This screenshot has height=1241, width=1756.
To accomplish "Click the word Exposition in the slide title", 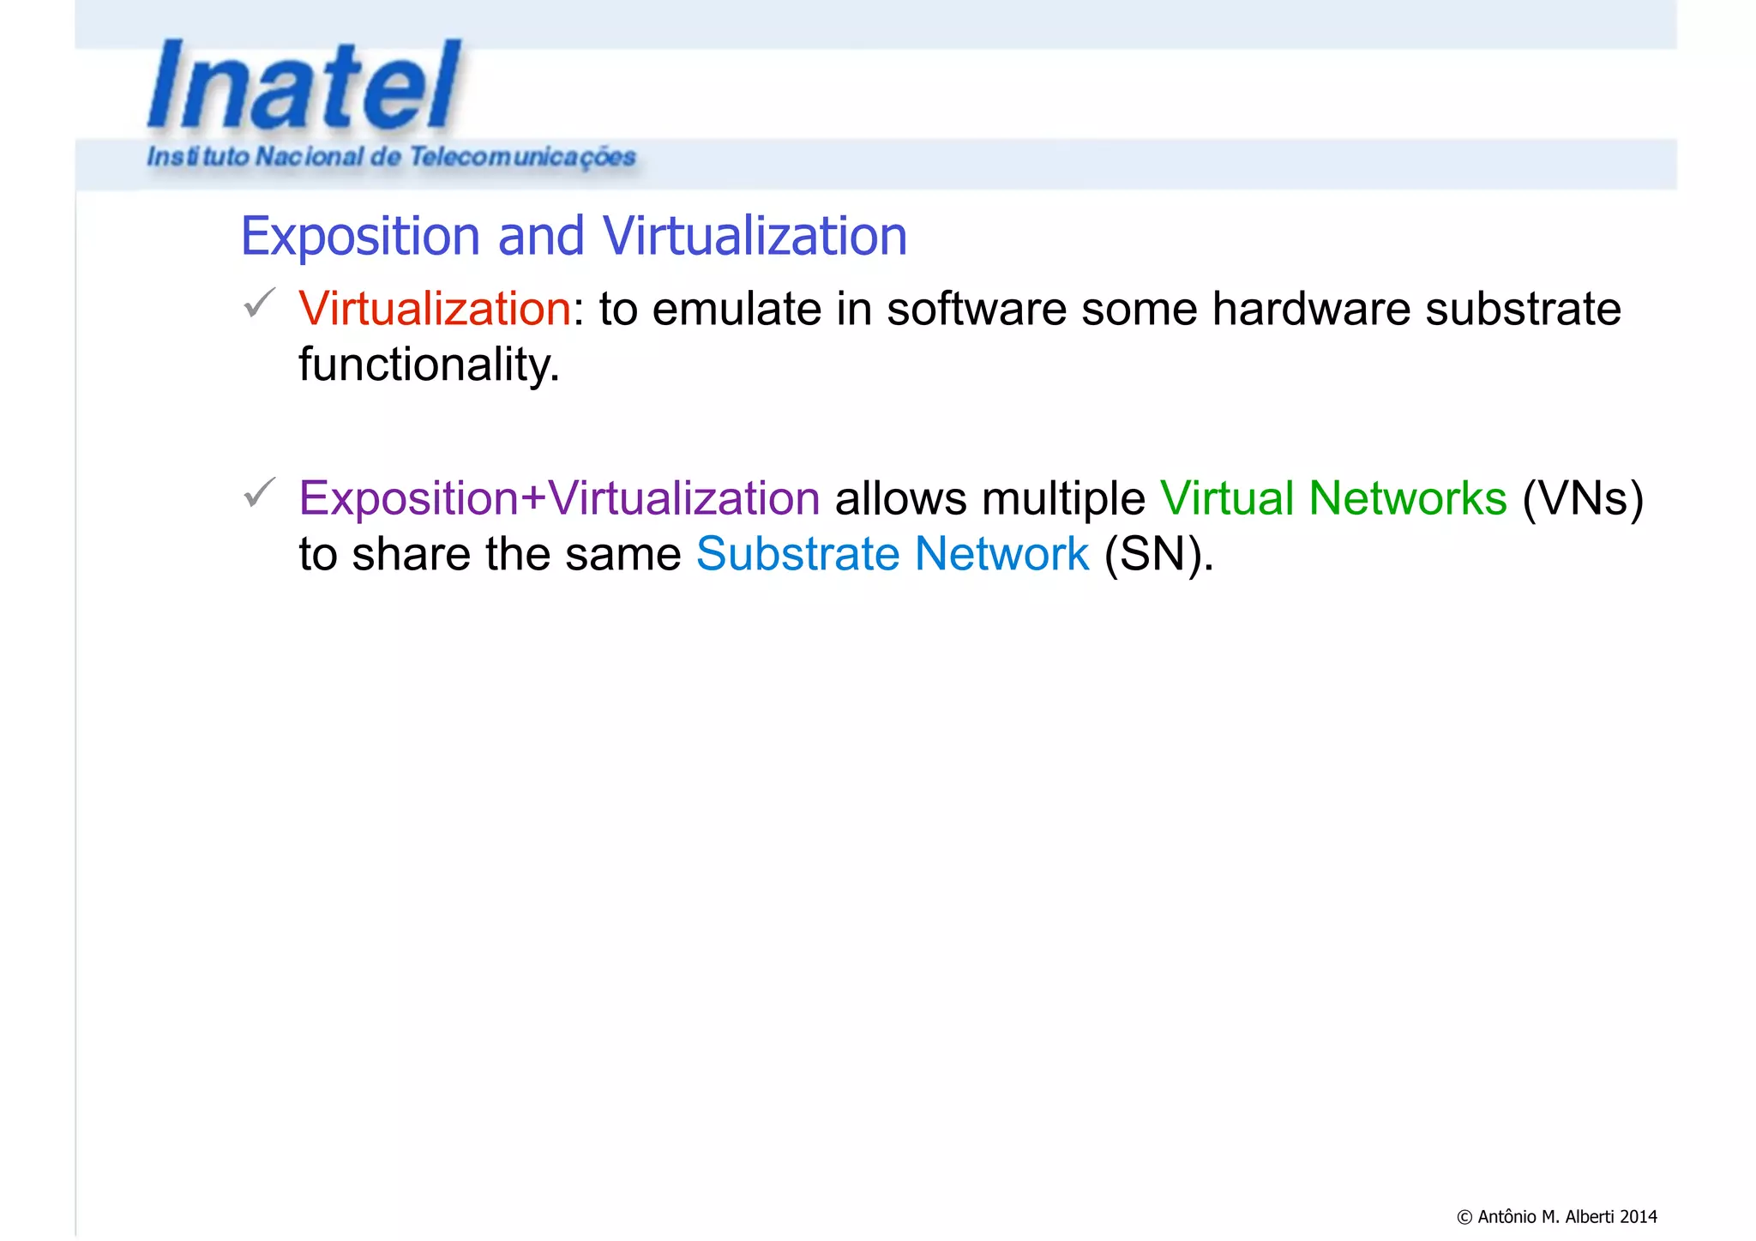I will pyautogui.click(x=360, y=236).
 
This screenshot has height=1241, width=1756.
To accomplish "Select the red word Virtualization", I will pyautogui.click(x=435, y=309).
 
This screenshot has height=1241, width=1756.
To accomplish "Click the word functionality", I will pyautogui.click(x=429, y=364).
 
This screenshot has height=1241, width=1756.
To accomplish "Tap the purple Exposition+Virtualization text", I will pyautogui.click(x=559, y=498).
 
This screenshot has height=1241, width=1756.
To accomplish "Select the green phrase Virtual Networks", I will pyautogui.click(x=1333, y=498).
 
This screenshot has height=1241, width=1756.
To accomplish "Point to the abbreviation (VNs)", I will pyautogui.click(x=1583, y=498).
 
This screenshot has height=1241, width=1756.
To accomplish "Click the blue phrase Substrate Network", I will pyautogui.click(x=892, y=554).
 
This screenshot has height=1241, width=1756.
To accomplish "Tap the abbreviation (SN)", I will pyautogui.click(x=1158, y=554).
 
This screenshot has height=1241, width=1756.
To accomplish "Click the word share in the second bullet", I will pyautogui.click(x=412, y=554).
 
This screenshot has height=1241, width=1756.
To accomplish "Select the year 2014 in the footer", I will pyautogui.click(x=1639, y=1216).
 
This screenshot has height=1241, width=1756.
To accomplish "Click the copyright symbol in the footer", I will pyautogui.click(x=1464, y=1217).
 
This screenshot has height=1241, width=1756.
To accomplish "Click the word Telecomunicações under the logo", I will pyautogui.click(x=521, y=157).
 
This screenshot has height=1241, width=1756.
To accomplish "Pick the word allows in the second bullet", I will pyautogui.click(x=900, y=498).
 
